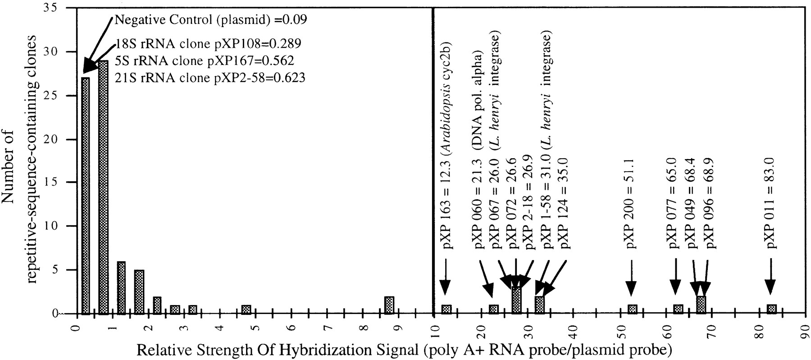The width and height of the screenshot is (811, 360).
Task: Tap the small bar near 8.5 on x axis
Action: point(389,305)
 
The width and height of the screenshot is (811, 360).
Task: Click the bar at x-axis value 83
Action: point(771,309)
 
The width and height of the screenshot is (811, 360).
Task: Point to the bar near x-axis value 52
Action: point(632,309)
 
